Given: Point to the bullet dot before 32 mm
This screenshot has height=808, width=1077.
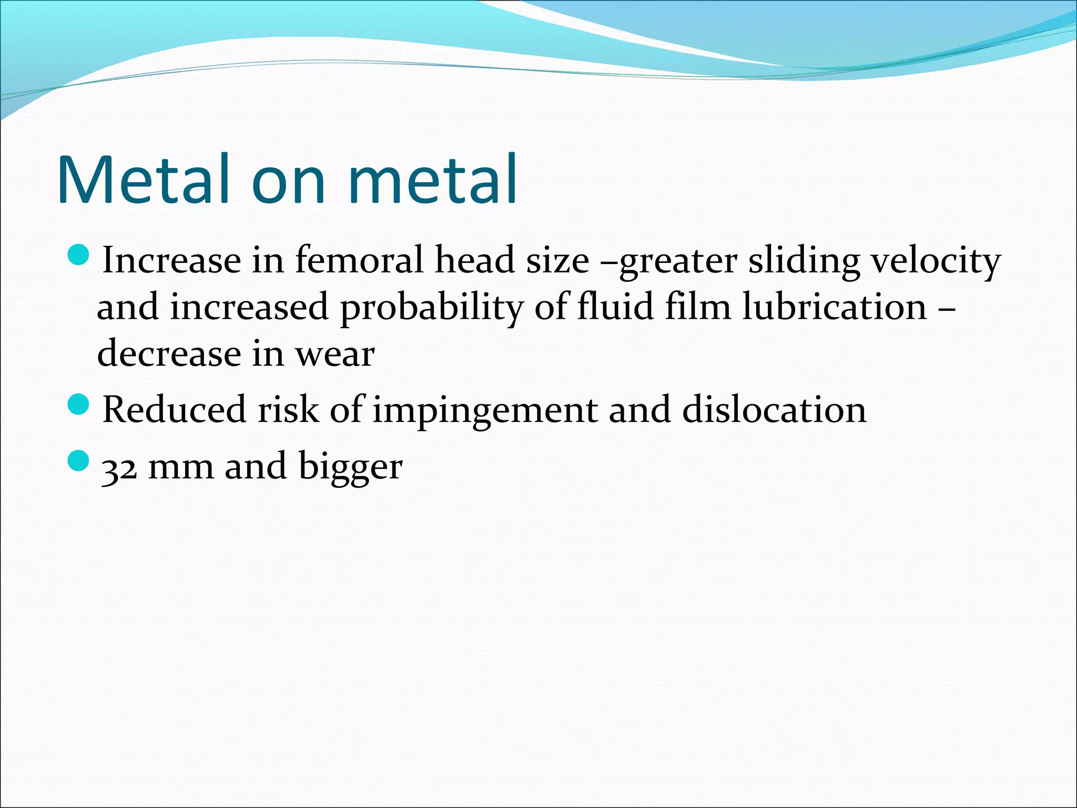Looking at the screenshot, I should pyautogui.click(x=79, y=460).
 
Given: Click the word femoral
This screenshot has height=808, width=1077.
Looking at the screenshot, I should pyautogui.click(x=359, y=260).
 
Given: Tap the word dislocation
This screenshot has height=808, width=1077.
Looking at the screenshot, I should pyautogui.click(x=774, y=410).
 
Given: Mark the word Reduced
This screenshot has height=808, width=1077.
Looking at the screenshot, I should pyautogui.click(x=174, y=410).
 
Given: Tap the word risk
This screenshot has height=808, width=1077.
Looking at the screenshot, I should pyautogui.click(x=288, y=410).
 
